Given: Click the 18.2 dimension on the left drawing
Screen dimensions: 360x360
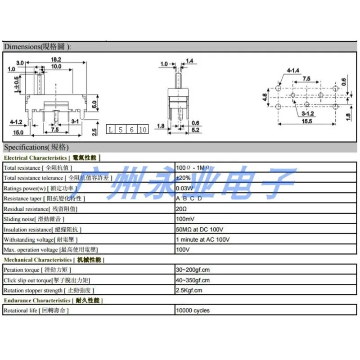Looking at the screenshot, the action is [x=56, y=59].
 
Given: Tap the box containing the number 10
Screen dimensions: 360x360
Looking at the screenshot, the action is [x=142, y=130].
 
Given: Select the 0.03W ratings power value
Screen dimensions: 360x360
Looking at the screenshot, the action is [x=184, y=188].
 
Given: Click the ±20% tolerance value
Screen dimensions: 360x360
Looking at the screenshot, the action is [x=182, y=178].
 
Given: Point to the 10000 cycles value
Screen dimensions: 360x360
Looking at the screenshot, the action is [x=193, y=310].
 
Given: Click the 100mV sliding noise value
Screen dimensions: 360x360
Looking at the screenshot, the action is [x=185, y=219].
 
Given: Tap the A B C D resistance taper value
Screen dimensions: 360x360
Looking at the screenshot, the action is [x=189, y=198].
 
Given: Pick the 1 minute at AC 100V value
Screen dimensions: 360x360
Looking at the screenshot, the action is [x=203, y=239].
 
